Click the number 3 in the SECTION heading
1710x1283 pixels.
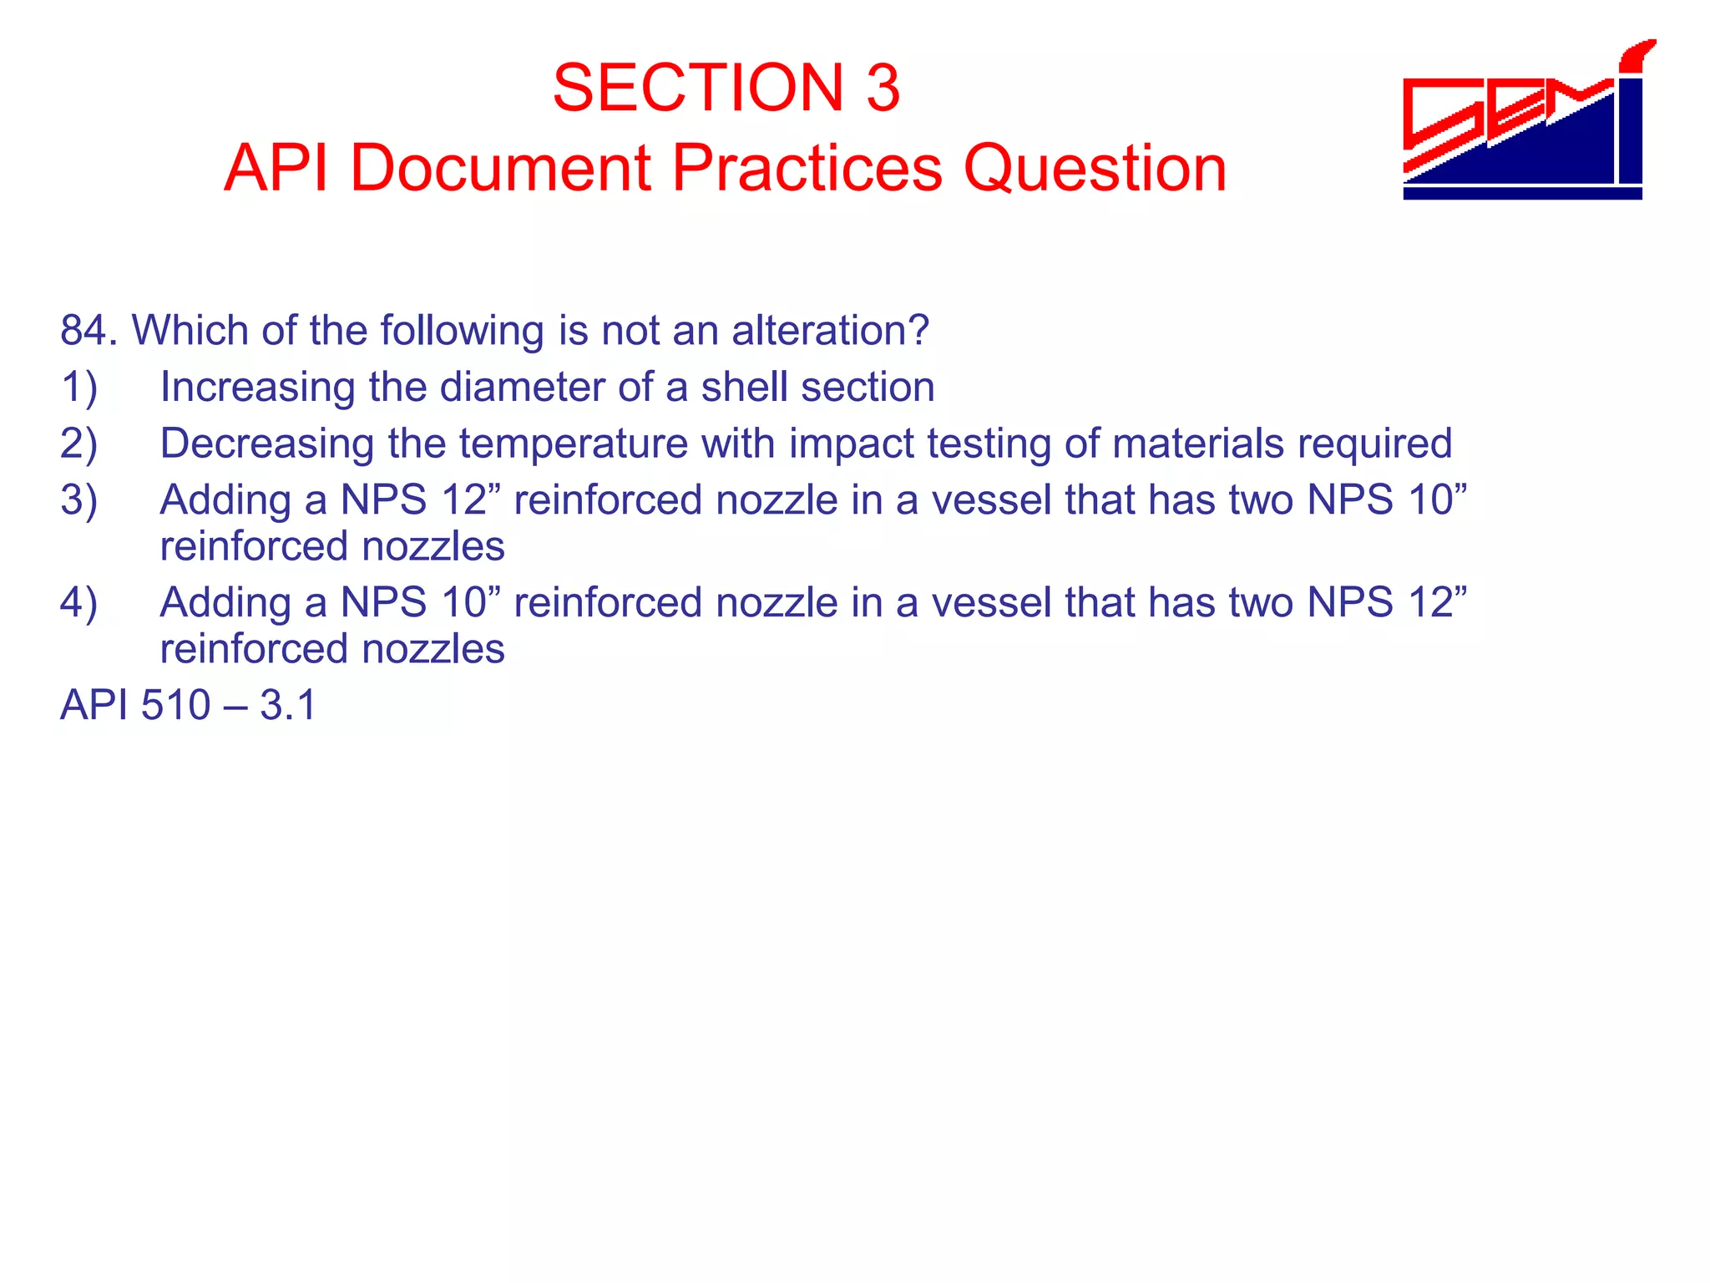883,88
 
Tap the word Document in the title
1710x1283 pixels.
499,168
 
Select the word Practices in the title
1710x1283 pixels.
807,168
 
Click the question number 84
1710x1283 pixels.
87,331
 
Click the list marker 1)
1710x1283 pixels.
79,388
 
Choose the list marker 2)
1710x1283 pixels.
79,444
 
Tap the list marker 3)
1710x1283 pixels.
79,500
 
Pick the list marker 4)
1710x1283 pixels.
79,603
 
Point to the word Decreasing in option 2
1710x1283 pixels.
266,444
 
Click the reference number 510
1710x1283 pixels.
175,706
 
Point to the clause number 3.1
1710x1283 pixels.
288,706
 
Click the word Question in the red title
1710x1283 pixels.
1095,168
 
